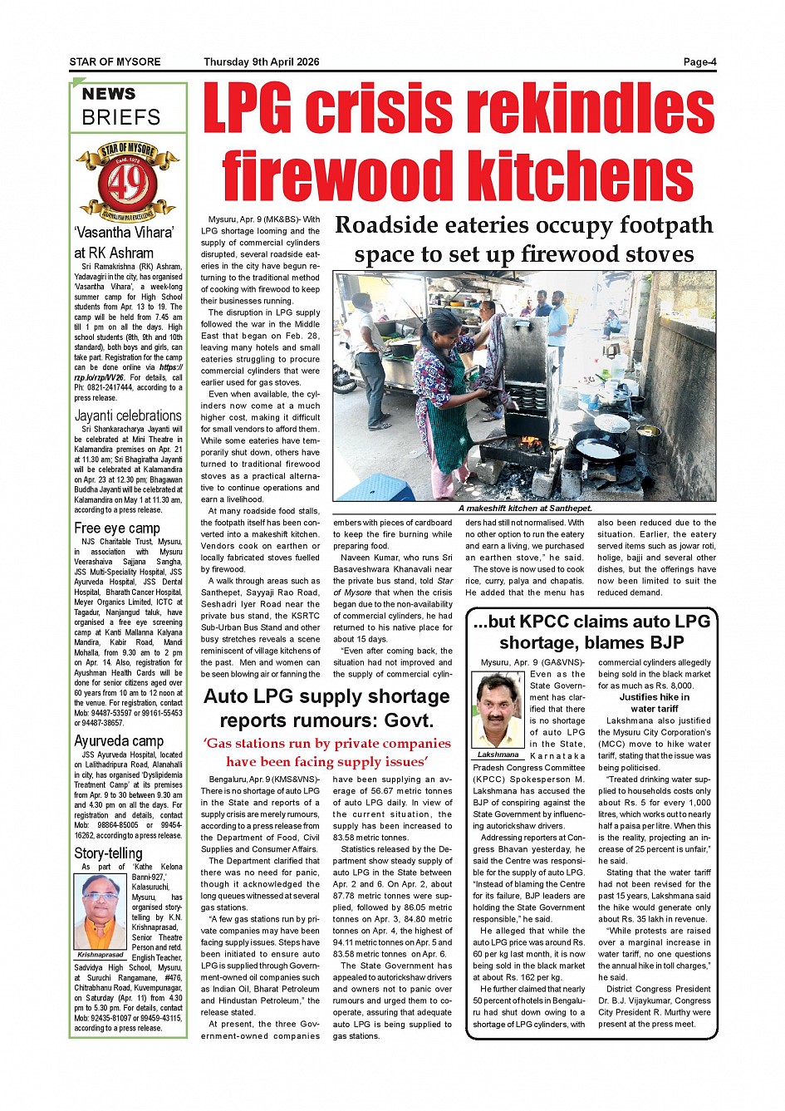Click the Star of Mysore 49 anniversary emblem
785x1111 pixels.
tap(127, 182)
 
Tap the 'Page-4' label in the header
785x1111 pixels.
tap(699, 61)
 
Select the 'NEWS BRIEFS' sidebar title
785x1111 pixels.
tap(121, 106)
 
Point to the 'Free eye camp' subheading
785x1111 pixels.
tap(117, 528)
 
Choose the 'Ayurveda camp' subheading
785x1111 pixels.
tap(119, 740)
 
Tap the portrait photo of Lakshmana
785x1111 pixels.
tap(498, 710)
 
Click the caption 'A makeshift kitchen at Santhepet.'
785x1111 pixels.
tap(524, 508)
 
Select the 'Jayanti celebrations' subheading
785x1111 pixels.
tap(128, 415)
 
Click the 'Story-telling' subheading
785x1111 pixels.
tap(108, 853)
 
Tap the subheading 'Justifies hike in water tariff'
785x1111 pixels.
tap(654, 703)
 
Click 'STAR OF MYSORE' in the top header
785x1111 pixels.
tap(115, 61)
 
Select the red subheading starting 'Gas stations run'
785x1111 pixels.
tap(327, 752)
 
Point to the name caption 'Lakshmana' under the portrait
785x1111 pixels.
tap(498, 755)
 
